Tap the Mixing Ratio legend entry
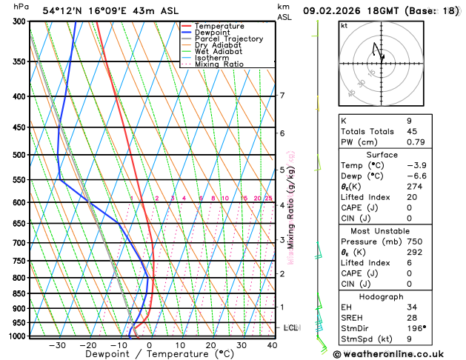tap(219, 64)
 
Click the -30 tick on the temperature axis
tap(57, 345)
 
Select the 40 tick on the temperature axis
tap(273, 345)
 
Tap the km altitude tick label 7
tap(282, 96)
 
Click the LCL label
tap(291, 327)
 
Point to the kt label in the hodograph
tap(344, 25)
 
